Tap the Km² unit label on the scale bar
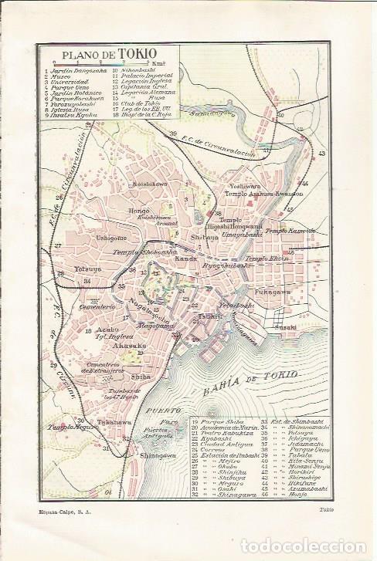(x=160, y=64)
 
